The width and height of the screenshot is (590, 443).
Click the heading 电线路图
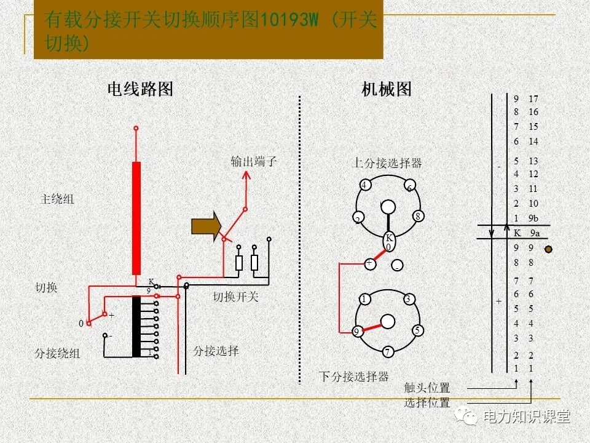(x=140, y=90)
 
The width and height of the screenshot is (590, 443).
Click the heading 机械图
(x=387, y=90)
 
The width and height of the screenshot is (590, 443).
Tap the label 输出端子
(x=254, y=162)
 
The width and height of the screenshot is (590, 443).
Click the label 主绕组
(x=57, y=199)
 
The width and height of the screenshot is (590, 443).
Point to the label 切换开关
(x=236, y=297)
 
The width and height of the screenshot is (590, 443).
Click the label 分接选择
(x=216, y=351)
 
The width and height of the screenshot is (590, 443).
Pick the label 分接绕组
(x=57, y=354)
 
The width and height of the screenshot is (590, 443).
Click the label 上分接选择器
(x=387, y=163)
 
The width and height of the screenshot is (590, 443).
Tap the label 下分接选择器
(x=353, y=377)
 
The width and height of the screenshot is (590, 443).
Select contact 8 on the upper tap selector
(x=417, y=216)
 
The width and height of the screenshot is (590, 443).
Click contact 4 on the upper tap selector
(x=364, y=185)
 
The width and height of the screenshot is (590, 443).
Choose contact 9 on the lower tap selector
(x=356, y=332)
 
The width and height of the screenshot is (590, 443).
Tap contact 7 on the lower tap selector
(x=388, y=352)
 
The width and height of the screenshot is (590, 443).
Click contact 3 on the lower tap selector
(x=407, y=300)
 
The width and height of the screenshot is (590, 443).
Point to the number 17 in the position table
(x=533, y=99)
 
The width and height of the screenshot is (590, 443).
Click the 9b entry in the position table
(x=533, y=218)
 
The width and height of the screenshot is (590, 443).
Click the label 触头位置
(x=427, y=388)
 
